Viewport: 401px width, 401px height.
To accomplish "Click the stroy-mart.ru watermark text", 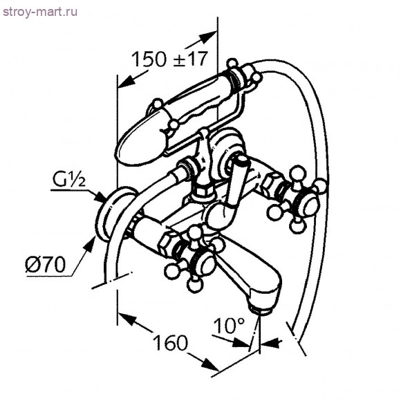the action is (x=40, y=12).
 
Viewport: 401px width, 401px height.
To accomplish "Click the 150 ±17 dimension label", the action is (x=169, y=59).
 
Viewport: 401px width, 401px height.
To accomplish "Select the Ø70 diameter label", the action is (x=45, y=264).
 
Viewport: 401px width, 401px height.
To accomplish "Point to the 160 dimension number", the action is (x=170, y=342).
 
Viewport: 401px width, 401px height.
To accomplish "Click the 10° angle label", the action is (x=229, y=326).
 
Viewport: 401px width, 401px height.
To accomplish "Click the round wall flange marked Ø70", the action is (x=113, y=214).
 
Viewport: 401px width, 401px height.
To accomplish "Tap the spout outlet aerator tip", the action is (x=261, y=310).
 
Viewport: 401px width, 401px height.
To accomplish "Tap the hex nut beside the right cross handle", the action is (x=271, y=185).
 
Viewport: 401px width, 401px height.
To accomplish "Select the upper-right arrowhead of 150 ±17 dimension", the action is (x=208, y=37).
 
